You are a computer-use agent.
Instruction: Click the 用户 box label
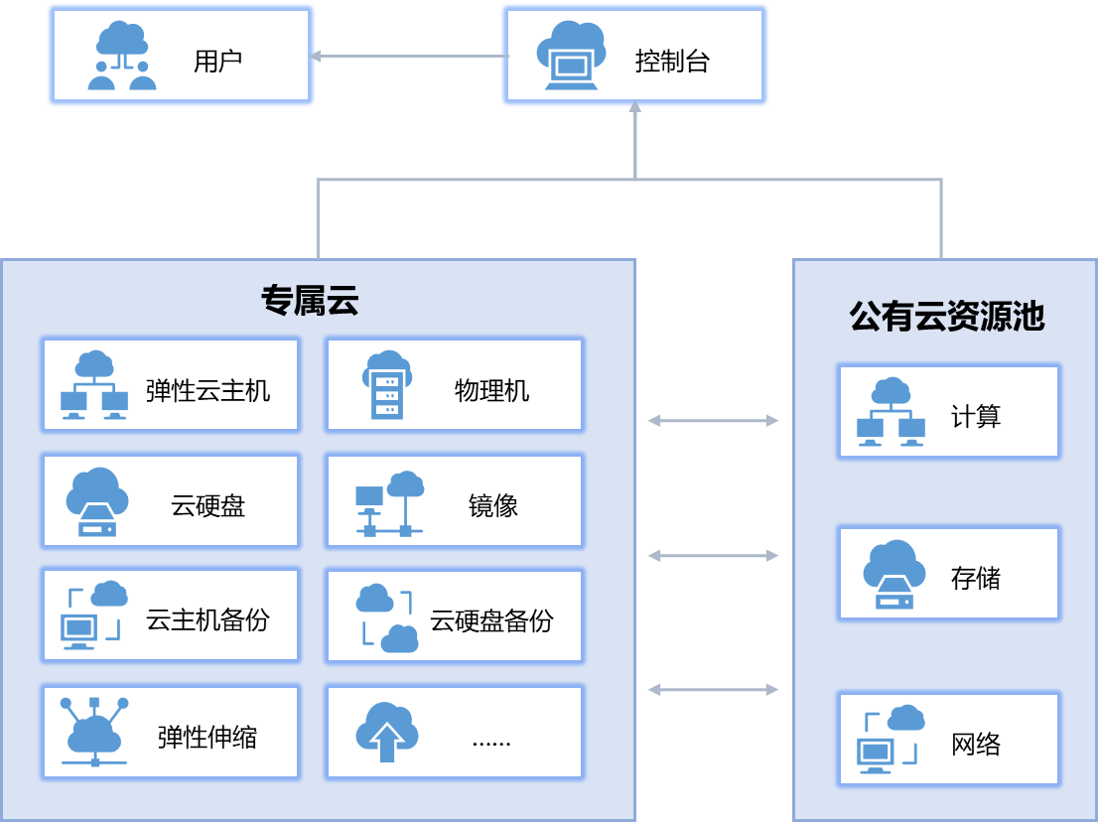click(217, 62)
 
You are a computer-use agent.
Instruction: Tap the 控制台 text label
click(672, 62)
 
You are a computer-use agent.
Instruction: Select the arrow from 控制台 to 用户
click(407, 57)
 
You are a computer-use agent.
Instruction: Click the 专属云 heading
click(310, 300)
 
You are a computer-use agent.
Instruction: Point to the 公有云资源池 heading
click(946, 316)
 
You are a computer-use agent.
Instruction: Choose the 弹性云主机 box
click(170, 385)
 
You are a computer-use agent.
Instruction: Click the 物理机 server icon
click(388, 385)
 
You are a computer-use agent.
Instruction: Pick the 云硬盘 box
click(170, 500)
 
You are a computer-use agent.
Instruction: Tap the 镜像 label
click(493, 506)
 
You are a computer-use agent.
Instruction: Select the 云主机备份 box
click(170, 616)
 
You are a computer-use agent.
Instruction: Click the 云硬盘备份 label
click(491, 621)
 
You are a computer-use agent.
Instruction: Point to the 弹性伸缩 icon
click(94, 731)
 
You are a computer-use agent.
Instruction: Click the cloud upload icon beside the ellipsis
click(387, 731)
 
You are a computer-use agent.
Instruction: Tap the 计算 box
click(949, 411)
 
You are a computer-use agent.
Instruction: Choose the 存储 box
click(949, 574)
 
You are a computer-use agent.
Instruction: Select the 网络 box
click(949, 740)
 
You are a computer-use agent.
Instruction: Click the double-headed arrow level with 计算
click(713, 421)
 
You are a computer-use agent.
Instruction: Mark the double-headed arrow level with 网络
click(713, 689)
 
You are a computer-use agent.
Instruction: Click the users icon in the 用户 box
click(122, 58)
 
